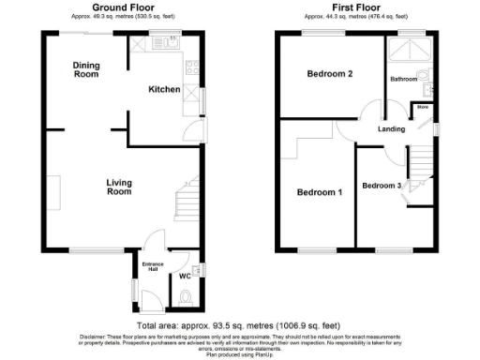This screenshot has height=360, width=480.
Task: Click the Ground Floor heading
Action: pyautogui.click(x=116, y=7)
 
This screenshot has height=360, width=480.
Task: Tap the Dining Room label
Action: pyautogui.click(x=86, y=69)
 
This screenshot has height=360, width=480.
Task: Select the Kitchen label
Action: pyautogui.click(x=165, y=89)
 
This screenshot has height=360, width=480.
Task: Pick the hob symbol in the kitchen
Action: pyautogui.click(x=193, y=67)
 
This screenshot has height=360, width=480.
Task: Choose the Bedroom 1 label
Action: pyautogui.click(x=319, y=192)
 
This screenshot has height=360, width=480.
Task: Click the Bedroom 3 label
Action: pyautogui.click(x=382, y=185)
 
